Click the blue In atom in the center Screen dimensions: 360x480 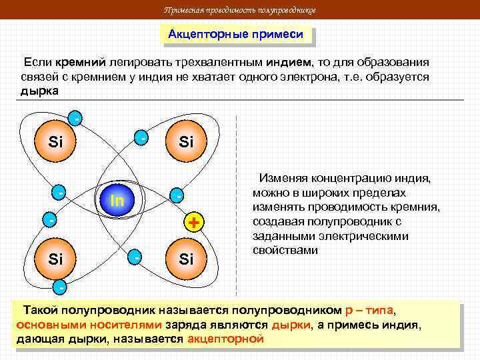point(117,199)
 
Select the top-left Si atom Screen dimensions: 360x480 point(56,141)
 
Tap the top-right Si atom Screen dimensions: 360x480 point(186,141)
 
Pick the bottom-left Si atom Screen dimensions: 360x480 point(56,258)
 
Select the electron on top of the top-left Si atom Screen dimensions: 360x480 point(77,119)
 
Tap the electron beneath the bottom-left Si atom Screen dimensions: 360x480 point(60,289)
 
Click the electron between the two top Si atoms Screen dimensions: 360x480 point(141,137)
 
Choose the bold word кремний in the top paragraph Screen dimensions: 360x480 point(81,62)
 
